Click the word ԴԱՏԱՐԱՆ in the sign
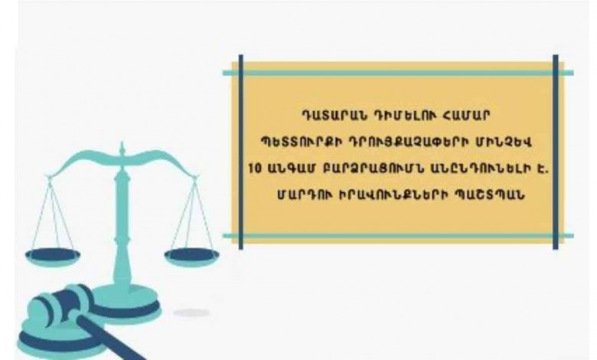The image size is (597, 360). (332, 115)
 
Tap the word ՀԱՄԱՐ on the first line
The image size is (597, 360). (464, 115)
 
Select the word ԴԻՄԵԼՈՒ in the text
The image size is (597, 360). (403, 115)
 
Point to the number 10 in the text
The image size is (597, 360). (255, 169)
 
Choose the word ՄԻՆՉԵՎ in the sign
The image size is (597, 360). (502, 142)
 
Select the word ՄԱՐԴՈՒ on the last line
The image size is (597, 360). (302, 195)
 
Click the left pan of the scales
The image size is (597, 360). (52, 256)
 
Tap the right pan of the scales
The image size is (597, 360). (192, 256)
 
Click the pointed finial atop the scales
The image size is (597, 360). (122, 149)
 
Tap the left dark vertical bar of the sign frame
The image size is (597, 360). (240, 152)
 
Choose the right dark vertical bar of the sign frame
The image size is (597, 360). (556, 152)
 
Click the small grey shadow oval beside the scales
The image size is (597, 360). (191, 313)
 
